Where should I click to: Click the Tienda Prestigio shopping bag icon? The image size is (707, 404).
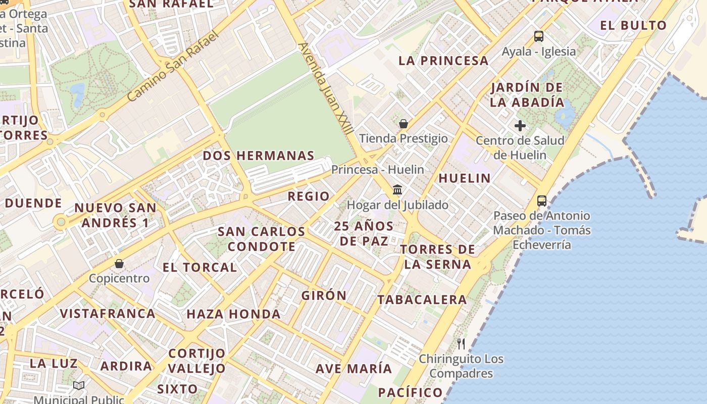[x=403, y=124]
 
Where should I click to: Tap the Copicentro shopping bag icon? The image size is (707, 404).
[x=119, y=264]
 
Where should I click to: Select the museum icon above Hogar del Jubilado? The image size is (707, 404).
[x=397, y=190]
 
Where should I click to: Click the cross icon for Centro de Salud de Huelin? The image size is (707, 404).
[x=520, y=126]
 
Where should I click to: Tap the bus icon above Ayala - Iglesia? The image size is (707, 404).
[x=539, y=36]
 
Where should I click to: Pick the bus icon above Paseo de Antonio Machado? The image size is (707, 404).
[x=542, y=201]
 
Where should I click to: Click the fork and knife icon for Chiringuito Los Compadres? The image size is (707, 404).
[x=461, y=344]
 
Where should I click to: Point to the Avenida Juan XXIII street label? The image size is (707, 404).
[x=326, y=88]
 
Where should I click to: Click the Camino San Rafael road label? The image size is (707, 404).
[x=174, y=65]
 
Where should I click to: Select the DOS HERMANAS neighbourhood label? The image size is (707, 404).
[x=259, y=156]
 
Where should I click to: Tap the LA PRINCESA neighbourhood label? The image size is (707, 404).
[x=443, y=61]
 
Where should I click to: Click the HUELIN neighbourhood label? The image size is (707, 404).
[x=465, y=178]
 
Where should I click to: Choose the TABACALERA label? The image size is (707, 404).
[x=422, y=299]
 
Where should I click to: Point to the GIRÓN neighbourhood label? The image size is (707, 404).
[x=324, y=295]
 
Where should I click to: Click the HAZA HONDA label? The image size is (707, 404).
[x=233, y=314]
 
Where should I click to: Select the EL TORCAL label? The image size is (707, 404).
[x=199, y=267]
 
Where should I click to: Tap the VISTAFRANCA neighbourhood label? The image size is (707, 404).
[x=108, y=314]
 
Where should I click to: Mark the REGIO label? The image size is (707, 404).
[x=309, y=196]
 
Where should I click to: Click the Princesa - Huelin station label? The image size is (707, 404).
[x=377, y=170]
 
